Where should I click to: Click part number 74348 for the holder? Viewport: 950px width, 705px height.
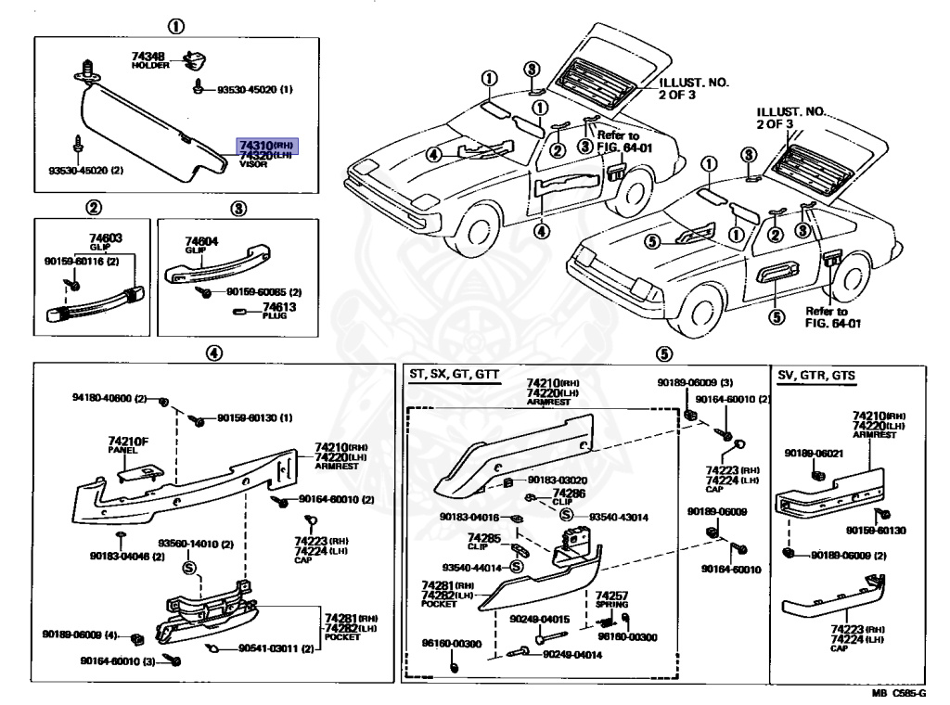149,58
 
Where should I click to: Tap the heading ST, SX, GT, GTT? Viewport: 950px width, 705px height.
453,375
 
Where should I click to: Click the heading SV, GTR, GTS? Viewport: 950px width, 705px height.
816,375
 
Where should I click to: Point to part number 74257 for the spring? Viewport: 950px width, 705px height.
611,596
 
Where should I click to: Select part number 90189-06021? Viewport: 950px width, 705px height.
813,453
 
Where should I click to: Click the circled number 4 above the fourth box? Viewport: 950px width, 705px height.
213,353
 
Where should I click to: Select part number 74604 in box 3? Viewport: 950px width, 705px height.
200,240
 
